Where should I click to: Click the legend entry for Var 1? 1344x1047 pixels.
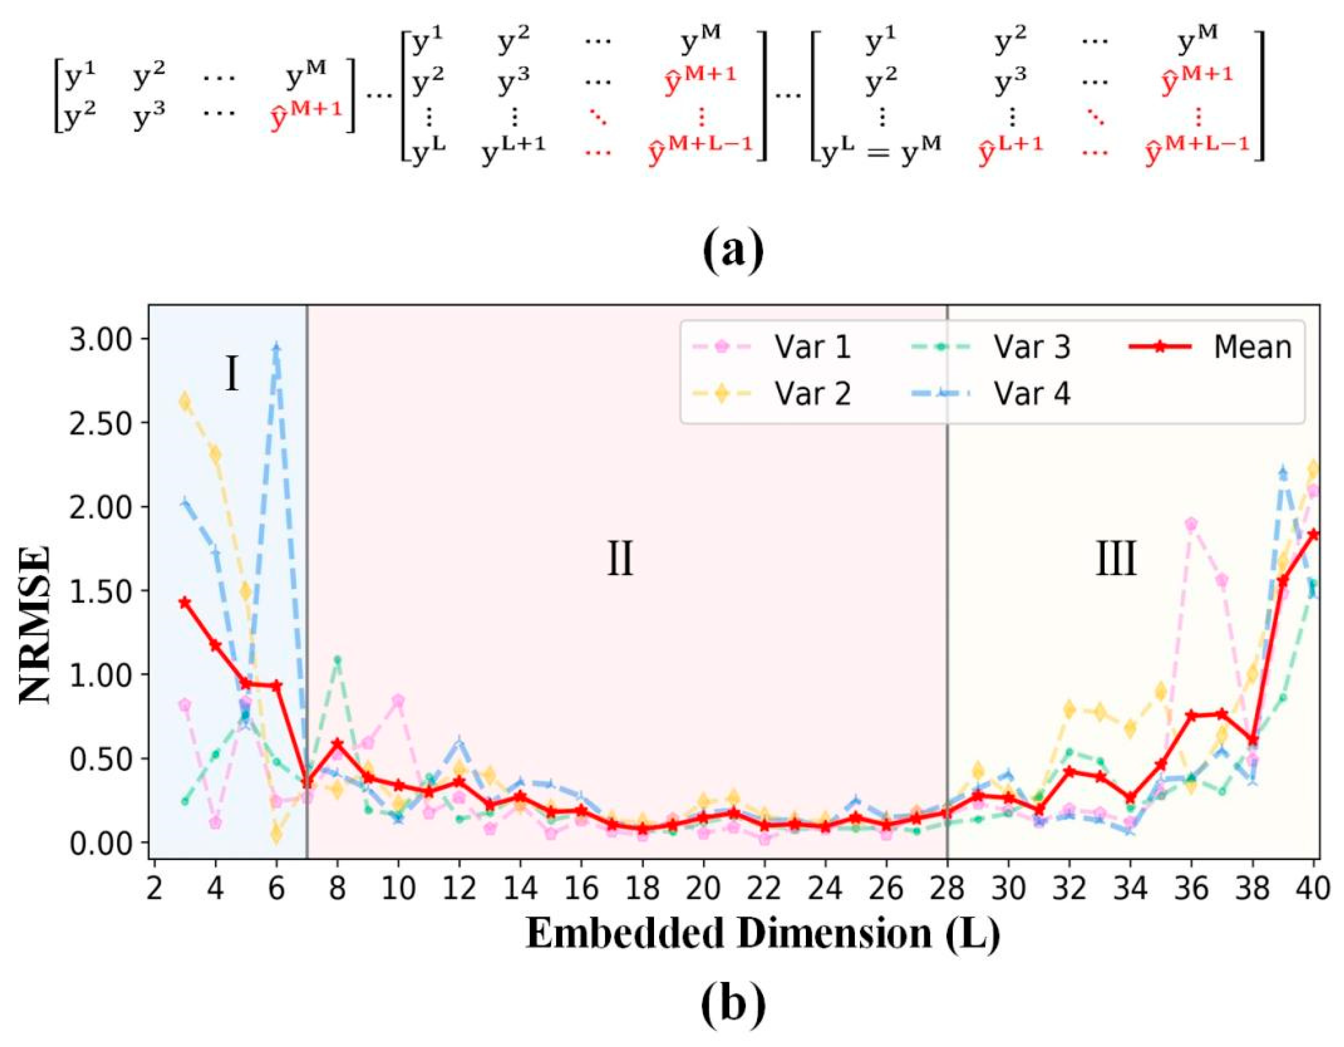point(812,348)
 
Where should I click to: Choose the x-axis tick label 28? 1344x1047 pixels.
point(947,888)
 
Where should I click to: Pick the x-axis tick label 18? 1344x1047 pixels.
point(642,888)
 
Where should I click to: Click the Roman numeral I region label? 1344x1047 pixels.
point(232,375)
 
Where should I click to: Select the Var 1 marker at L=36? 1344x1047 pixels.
point(1191,524)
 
